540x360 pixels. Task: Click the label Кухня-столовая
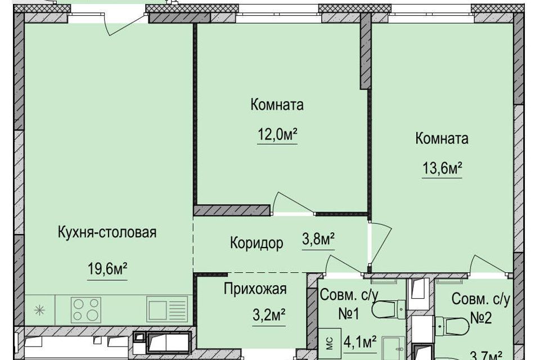[107, 232]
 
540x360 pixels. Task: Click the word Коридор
[256, 244]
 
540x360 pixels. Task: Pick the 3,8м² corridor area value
[318, 241]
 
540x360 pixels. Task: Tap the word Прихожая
[255, 290]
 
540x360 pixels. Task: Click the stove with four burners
[86, 309]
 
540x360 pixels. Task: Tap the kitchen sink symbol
[167, 309]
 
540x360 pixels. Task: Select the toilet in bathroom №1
[388, 309]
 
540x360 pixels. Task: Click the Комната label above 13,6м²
[442, 138]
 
